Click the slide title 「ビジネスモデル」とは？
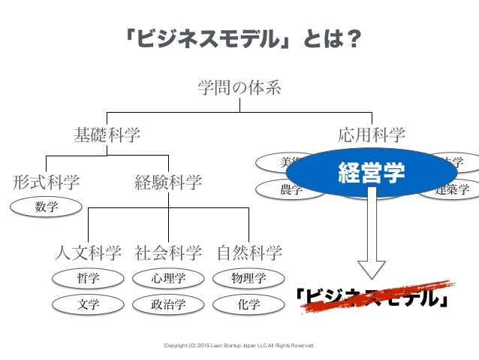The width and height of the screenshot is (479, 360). pyautogui.click(x=239, y=37)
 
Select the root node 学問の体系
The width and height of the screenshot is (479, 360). pyautogui.click(x=239, y=89)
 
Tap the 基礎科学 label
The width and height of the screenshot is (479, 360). pyautogui.click(x=107, y=135)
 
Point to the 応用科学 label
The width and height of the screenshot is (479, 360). pyautogui.click(x=372, y=135)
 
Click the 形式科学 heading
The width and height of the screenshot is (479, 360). pyautogui.click(x=46, y=182)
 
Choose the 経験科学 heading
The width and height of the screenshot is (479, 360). pyautogui.click(x=168, y=182)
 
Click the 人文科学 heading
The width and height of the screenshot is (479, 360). pyautogui.click(x=89, y=251)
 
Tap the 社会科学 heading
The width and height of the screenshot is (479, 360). pyautogui.click(x=168, y=251)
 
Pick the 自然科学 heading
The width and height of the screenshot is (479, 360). pyautogui.click(x=249, y=251)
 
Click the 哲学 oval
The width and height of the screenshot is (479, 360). pyautogui.click(x=88, y=279)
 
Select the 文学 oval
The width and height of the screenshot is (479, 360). pyautogui.click(x=88, y=304)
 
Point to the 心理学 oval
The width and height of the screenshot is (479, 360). pyautogui.click(x=168, y=279)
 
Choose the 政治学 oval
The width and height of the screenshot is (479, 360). pyautogui.click(x=168, y=304)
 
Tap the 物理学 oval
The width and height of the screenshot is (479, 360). pyautogui.click(x=249, y=279)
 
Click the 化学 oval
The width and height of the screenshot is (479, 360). pyautogui.click(x=249, y=304)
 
